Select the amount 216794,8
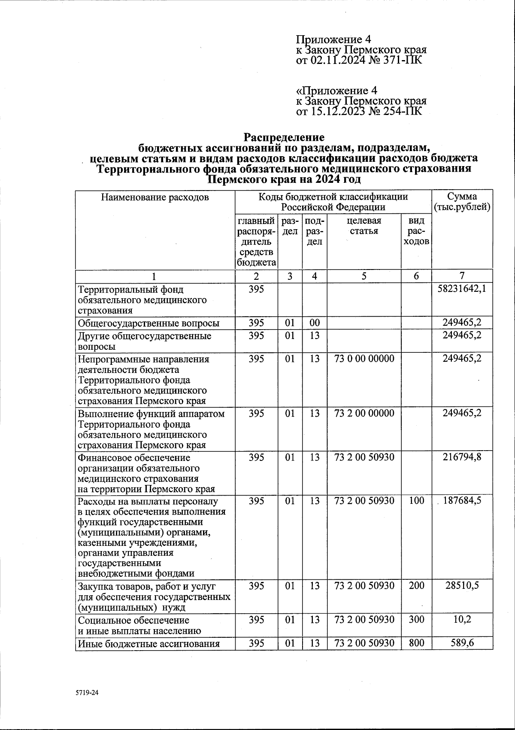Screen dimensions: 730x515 pos(462,457)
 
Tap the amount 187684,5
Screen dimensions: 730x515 pos(462,500)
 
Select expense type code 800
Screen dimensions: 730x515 pos(416,643)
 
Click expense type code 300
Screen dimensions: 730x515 pos(416,620)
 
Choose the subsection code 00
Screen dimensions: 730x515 pos(315,323)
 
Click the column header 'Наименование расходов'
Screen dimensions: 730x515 pos(155,197)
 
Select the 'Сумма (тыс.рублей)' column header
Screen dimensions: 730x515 pos(462,202)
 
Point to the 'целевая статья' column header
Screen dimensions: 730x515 pos(364,226)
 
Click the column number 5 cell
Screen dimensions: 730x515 pos(364,276)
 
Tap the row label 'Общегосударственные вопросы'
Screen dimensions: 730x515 pos(148,324)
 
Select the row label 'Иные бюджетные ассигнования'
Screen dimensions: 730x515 pos(148,644)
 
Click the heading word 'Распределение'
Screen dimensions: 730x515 pos(284,137)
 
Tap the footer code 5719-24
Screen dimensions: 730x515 pos(87,692)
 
